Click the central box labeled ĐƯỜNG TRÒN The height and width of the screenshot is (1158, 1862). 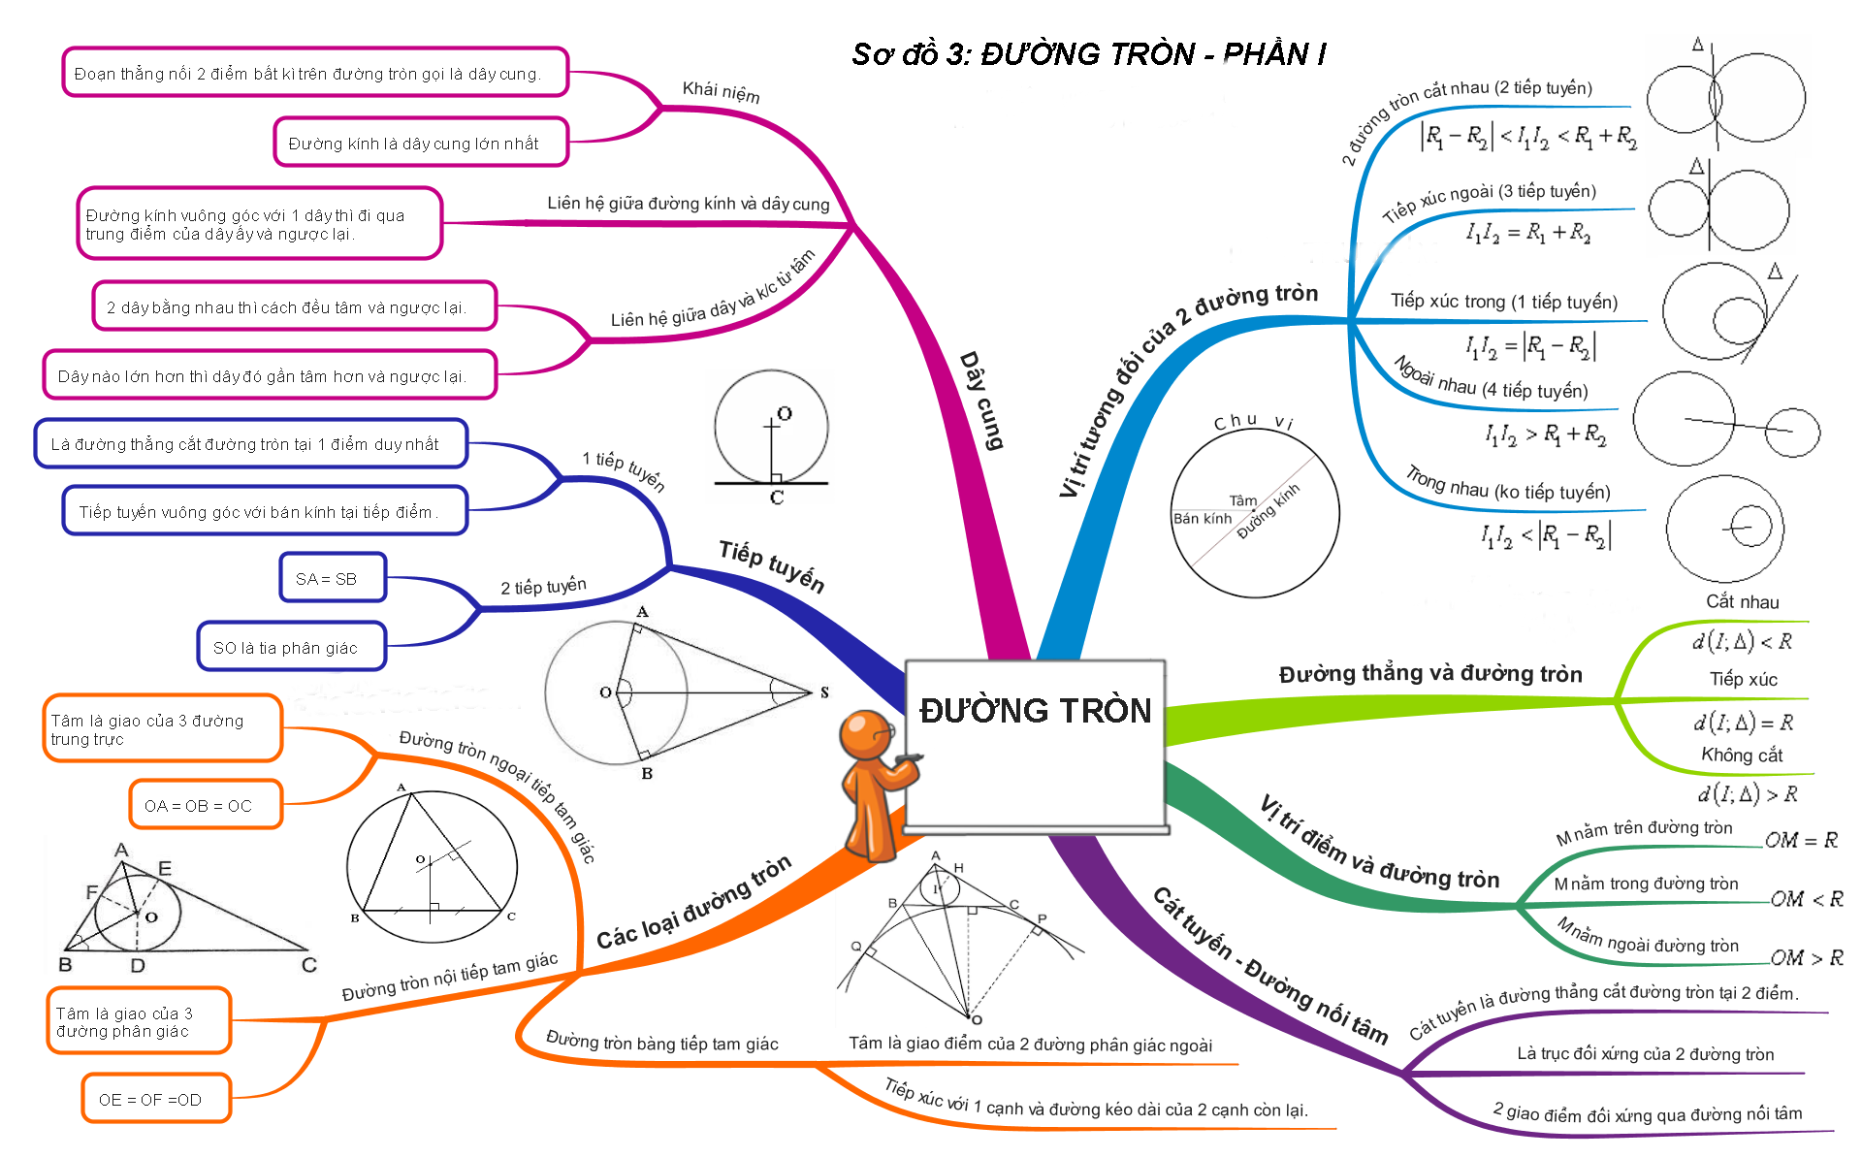tap(1036, 745)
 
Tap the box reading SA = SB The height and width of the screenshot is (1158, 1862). tap(333, 578)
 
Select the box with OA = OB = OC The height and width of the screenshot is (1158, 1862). tap(206, 805)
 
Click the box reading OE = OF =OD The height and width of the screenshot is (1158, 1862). tap(156, 1099)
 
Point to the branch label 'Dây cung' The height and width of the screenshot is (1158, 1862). tap(981, 401)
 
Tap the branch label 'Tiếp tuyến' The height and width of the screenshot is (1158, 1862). tap(772, 566)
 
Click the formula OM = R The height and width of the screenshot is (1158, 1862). tap(1801, 840)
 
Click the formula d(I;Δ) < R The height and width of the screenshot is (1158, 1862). tap(1743, 641)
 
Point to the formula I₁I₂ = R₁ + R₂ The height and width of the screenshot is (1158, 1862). tap(1528, 233)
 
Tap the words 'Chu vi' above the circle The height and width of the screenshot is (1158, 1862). tap(1254, 422)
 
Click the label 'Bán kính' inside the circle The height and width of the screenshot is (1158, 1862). tap(1203, 519)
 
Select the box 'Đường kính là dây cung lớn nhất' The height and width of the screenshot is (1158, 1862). tap(420, 143)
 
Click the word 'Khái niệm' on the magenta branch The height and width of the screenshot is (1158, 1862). tap(721, 91)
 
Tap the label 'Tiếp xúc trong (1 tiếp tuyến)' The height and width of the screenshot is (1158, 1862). tap(1504, 302)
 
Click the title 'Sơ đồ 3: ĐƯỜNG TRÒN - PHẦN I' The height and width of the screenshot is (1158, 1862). tap(1089, 54)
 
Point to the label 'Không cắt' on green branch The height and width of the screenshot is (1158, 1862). tap(1742, 755)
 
